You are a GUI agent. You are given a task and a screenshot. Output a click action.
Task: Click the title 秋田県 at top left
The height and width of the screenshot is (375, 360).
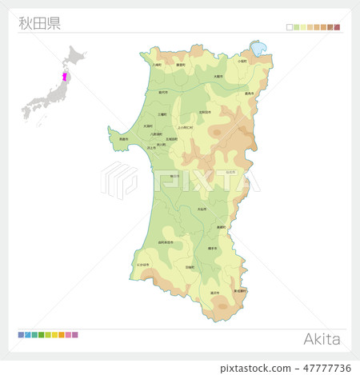pyautogui.click(x=39, y=22)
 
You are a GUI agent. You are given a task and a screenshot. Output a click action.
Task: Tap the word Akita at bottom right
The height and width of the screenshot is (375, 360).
pyautogui.click(x=322, y=338)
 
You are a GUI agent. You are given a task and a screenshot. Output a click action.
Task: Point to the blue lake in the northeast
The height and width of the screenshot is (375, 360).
pyautogui.click(x=258, y=50)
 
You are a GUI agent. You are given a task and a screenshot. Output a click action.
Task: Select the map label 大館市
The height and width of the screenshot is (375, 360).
pyautogui.click(x=218, y=76)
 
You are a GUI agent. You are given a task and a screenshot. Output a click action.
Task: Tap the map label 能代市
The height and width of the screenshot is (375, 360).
pyautogui.click(x=163, y=93)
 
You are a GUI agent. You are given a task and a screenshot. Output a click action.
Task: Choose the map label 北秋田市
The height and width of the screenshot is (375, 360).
pyautogui.click(x=205, y=112)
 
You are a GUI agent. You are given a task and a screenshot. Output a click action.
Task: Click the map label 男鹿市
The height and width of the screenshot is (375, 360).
pyautogui.click(x=123, y=138)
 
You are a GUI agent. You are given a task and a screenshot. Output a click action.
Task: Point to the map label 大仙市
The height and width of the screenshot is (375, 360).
pyautogui.click(x=202, y=209)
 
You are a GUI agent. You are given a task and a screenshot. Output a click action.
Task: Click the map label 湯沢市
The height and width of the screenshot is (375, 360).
pyautogui.click(x=214, y=293)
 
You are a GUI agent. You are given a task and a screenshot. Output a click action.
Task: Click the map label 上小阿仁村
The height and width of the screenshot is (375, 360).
pyautogui.click(x=186, y=126)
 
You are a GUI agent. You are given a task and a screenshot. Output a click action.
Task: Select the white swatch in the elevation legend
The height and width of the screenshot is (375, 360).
pyautogui.click(x=290, y=27)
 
